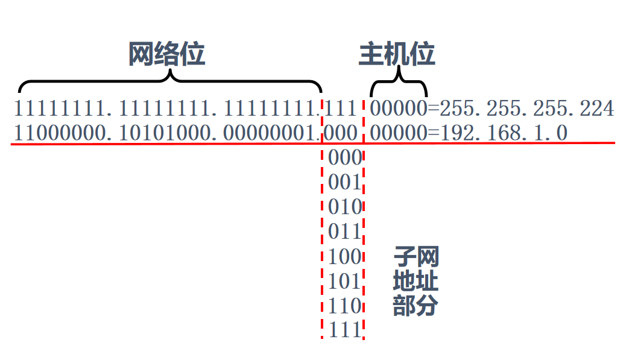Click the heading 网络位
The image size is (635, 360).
tap(167, 54)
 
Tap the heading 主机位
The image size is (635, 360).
tap(397, 54)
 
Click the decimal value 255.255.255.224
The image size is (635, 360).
tap(526, 109)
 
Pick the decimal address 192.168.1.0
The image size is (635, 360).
tap(504, 133)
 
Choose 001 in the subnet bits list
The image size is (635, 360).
tap(344, 182)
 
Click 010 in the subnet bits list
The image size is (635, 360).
tap(344, 207)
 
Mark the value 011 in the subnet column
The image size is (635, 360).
tap(344, 232)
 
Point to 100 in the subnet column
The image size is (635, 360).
tap(344, 256)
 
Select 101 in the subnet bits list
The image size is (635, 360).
tap(344, 281)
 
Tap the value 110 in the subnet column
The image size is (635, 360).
tap(344, 306)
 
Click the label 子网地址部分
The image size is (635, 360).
tap(415, 281)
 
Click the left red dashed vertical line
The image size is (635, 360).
tap(322, 241)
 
